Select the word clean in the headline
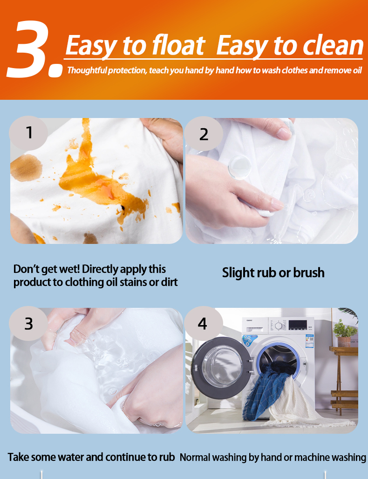pos(333,46)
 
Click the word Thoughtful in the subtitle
pos(87,70)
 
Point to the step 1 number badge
pos(28,133)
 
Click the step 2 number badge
pos(204,134)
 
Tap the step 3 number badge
pos(28,324)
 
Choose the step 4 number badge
pos(204,324)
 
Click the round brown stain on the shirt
pos(26,167)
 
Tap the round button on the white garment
pos(240,167)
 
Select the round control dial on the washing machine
pos(278,326)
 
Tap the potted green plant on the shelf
pos(344,332)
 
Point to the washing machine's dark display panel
pos(298,325)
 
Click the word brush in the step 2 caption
pos(309,272)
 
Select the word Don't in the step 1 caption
pos(27,269)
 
